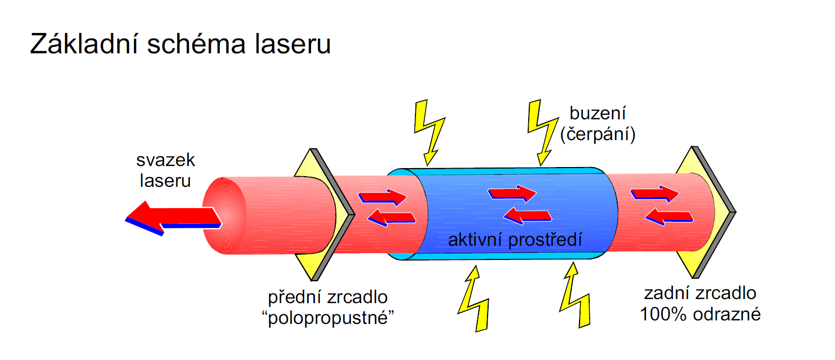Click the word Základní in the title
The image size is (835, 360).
(x=84, y=44)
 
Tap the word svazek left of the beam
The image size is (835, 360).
(x=166, y=160)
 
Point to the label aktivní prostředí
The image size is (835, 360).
(x=515, y=239)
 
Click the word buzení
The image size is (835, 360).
(x=597, y=113)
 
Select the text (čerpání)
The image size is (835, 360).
(x=597, y=134)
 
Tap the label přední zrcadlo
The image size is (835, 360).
(x=328, y=297)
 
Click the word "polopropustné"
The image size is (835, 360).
(x=328, y=318)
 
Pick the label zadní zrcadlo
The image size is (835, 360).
(x=700, y=293)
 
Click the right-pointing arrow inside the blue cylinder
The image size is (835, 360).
(x=512, y=193)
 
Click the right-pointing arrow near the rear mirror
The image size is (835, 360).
(x=654, y=194)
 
